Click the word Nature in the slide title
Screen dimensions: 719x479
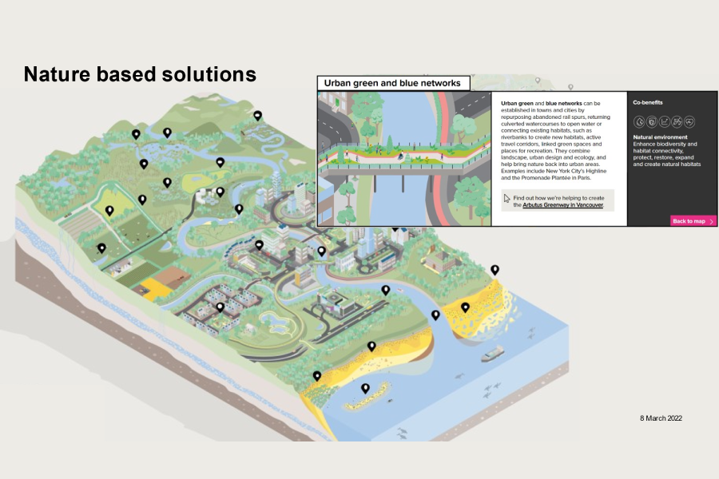coord(57,74)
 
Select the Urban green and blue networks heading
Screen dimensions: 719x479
coord(392,83)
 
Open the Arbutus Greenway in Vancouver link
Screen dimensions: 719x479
coord(562,205)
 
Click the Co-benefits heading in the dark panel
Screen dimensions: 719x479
coord(647,102)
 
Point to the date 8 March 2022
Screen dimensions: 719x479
coord(661,418)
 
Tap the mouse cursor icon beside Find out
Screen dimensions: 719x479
coord(506,198)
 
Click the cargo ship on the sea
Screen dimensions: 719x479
coord(493,354)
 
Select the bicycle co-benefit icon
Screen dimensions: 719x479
coord(677,121)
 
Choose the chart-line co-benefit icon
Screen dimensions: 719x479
coord(664,121)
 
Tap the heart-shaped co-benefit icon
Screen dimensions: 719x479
coord(689,121)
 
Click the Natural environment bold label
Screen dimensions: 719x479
coord(661,137)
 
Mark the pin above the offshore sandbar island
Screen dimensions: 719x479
coord(365,388)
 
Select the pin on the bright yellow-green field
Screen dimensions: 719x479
coord(109,211)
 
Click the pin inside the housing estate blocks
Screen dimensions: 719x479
coord(220,307)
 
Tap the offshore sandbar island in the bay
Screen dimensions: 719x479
coord(367,398)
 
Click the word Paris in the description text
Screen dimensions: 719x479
coord(584,178)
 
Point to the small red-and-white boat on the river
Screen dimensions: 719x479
coord(400,290)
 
